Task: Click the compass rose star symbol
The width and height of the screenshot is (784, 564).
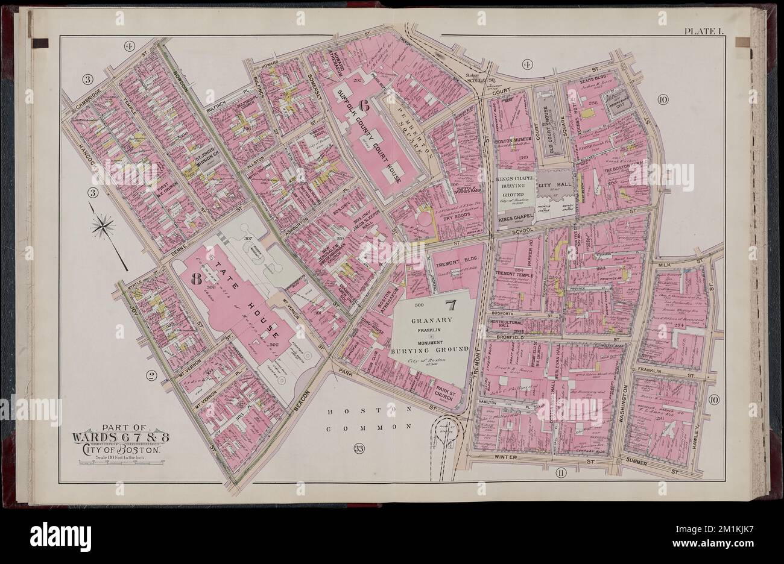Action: pos(104,227)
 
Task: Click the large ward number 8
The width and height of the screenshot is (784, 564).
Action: pos(195,278)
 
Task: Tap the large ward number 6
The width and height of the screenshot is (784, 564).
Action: pos(364,104)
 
